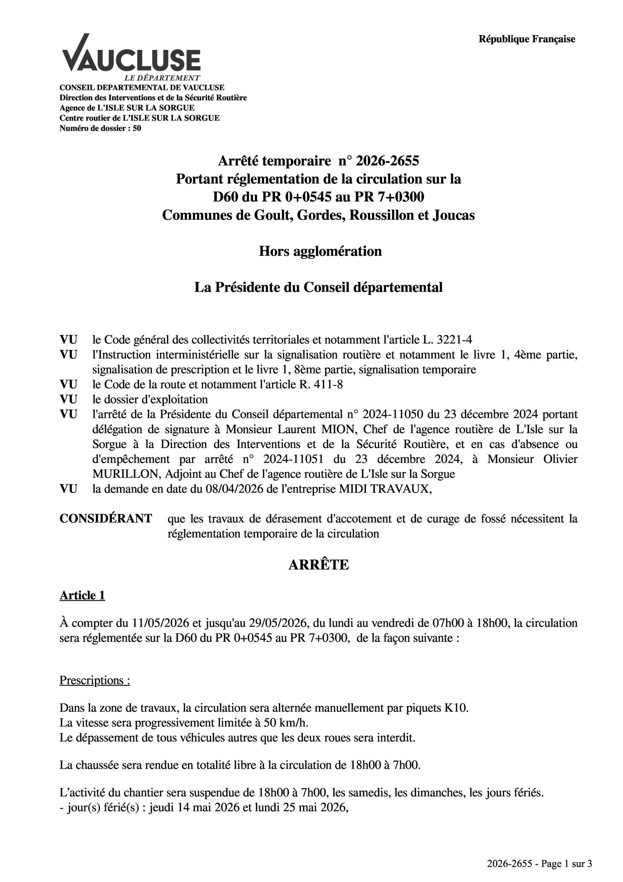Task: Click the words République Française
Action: click(x=527, y=39)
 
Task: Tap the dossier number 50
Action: click(x=137, y=128)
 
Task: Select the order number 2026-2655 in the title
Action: click(x=387, y=161)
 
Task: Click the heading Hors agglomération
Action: click(x=320, y=251)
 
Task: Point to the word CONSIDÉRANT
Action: click(x=106, y=519)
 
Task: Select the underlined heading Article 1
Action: click(x=82, y=595)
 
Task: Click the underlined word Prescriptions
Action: click(x=92, y=680)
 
